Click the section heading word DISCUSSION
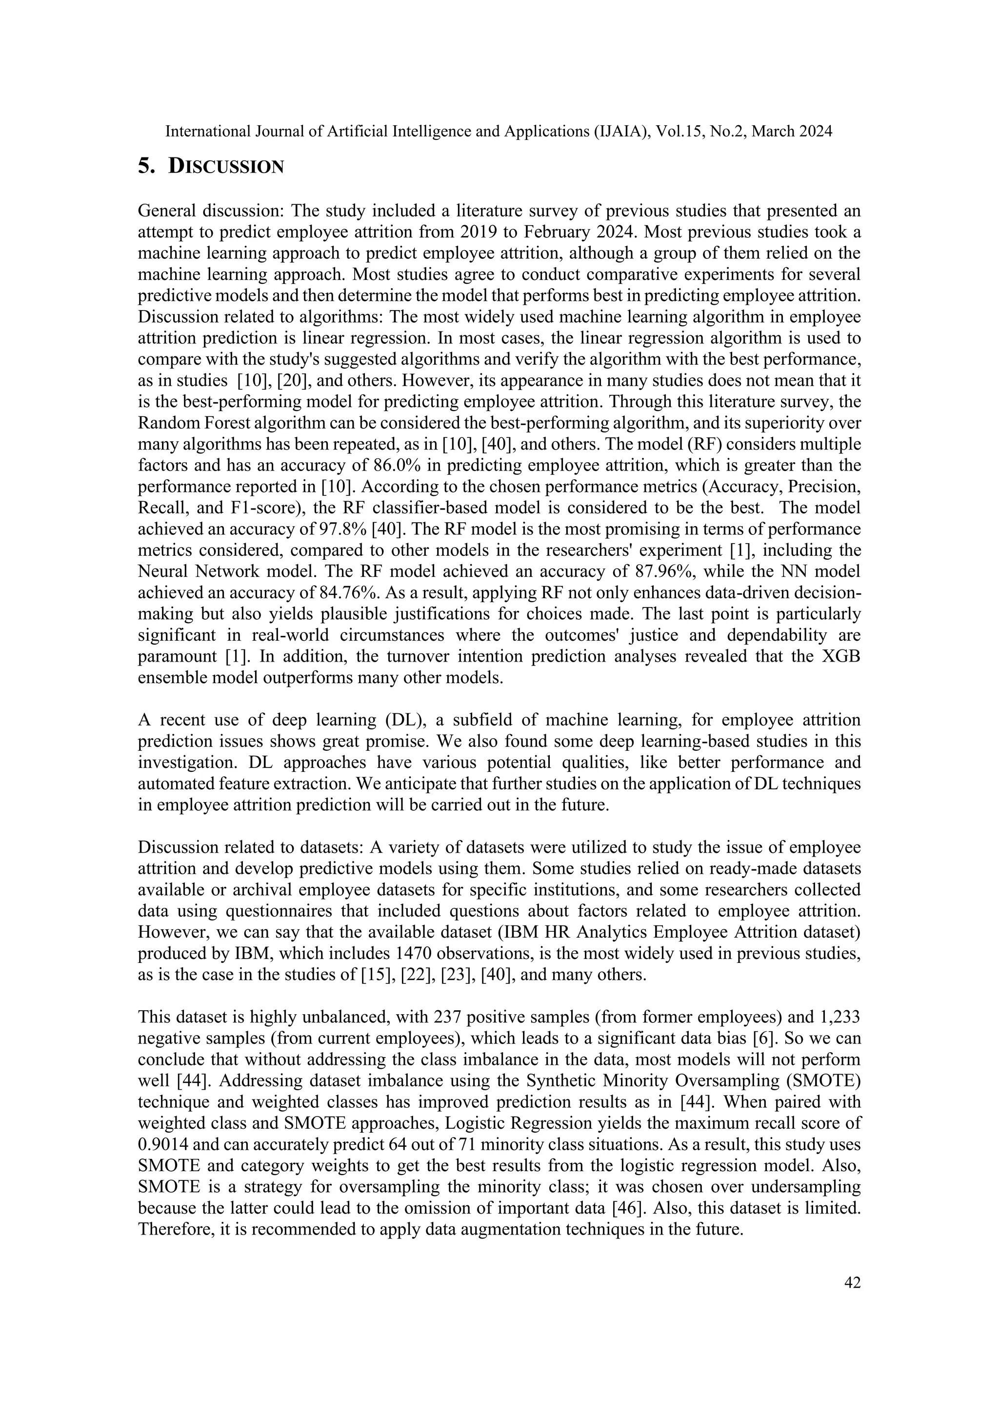pyautogui.click(x=226, y=167)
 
